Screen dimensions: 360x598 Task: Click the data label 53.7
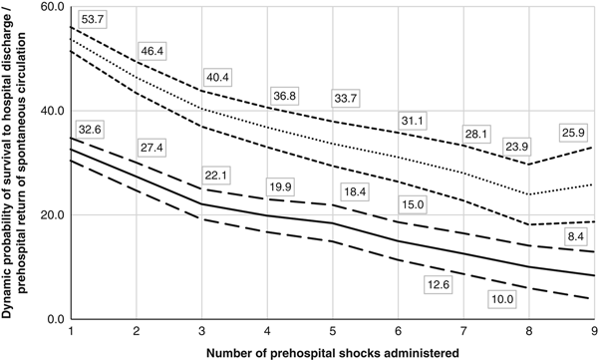pos(92,20)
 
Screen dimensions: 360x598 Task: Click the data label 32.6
pos(93,128)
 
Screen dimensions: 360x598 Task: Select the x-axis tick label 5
pos(332,330)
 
